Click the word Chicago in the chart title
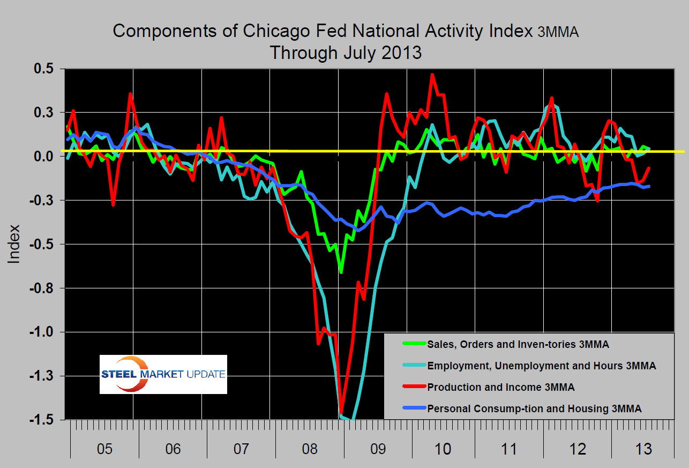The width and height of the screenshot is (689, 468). point(271,31)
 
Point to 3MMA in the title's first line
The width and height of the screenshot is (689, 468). point(558,32)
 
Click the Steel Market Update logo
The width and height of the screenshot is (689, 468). point(163,374)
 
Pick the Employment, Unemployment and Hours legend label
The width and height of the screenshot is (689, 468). point(541,366)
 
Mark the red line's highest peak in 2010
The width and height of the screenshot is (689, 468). point(432,75)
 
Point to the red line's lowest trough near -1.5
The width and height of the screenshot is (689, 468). point(341,412)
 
